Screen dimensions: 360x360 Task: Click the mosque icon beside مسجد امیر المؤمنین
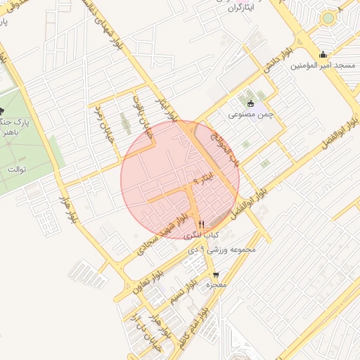(323, 55)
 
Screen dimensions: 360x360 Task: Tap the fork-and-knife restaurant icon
(202, 224)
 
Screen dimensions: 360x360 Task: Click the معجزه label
(216, 285)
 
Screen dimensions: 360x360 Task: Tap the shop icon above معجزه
(216, 275)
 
